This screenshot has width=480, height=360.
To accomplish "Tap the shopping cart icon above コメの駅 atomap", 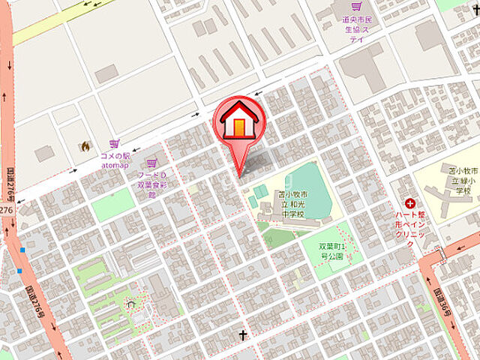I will [x=114, y=142].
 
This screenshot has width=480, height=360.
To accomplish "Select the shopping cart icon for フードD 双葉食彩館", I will [x=151, y=163].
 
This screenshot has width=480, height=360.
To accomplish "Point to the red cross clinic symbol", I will [x=410, y=202].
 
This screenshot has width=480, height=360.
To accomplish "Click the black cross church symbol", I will [x=243, y=335].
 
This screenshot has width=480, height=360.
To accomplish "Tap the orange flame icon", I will [x=85, y=145].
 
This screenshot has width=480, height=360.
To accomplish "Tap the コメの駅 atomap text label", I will [x=115, y=160].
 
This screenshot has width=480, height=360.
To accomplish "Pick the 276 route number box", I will [x=6, y=211].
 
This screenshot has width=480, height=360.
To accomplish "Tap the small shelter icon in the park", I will [x=131, y=304].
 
